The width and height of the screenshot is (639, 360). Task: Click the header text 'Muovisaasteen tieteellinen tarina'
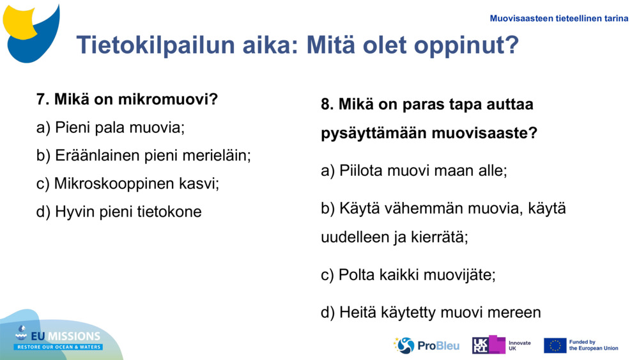point(558,18)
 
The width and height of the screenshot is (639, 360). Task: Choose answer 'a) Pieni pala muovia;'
point(111,127)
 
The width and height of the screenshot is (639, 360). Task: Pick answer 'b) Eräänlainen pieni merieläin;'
point(144,155)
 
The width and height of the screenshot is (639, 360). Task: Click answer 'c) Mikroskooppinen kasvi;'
point(128,184)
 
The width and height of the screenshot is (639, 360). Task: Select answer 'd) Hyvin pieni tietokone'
point(119,212)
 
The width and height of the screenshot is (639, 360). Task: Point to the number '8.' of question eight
point(327,104)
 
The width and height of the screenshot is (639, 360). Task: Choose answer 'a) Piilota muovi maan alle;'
point(413,171)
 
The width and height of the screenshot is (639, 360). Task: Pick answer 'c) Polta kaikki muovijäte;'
point(408,275)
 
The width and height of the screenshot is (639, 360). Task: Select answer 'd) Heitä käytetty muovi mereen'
point(431,312)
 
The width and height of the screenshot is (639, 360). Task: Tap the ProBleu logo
point(426,345)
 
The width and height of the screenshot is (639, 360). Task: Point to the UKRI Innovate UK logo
point(501,345)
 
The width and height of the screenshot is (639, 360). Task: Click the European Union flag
point(555,345)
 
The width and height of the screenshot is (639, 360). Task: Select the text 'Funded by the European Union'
point(594,345)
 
